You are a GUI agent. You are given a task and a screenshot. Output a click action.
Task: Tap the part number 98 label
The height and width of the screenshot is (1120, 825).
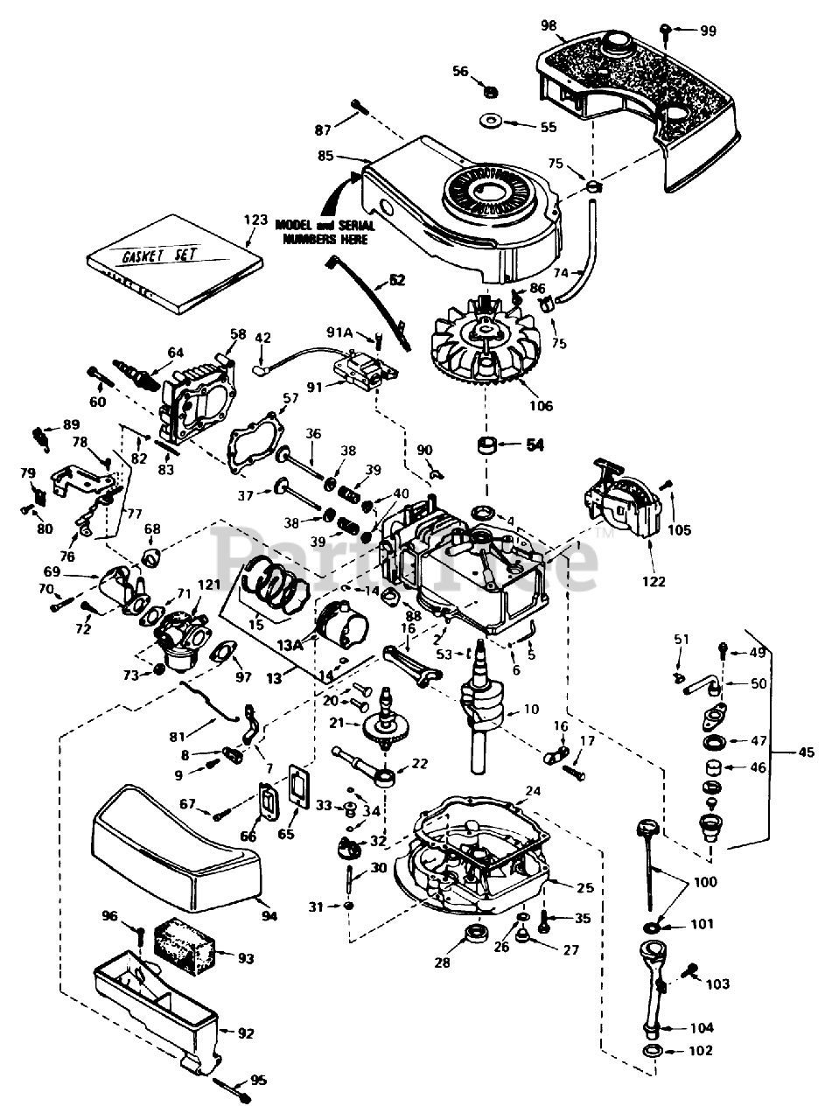click(549, 24)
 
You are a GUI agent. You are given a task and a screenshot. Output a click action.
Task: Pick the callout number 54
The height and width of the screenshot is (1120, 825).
click(535, 444)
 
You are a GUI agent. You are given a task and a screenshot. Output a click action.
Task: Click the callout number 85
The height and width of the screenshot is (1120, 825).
click(325, 158)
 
